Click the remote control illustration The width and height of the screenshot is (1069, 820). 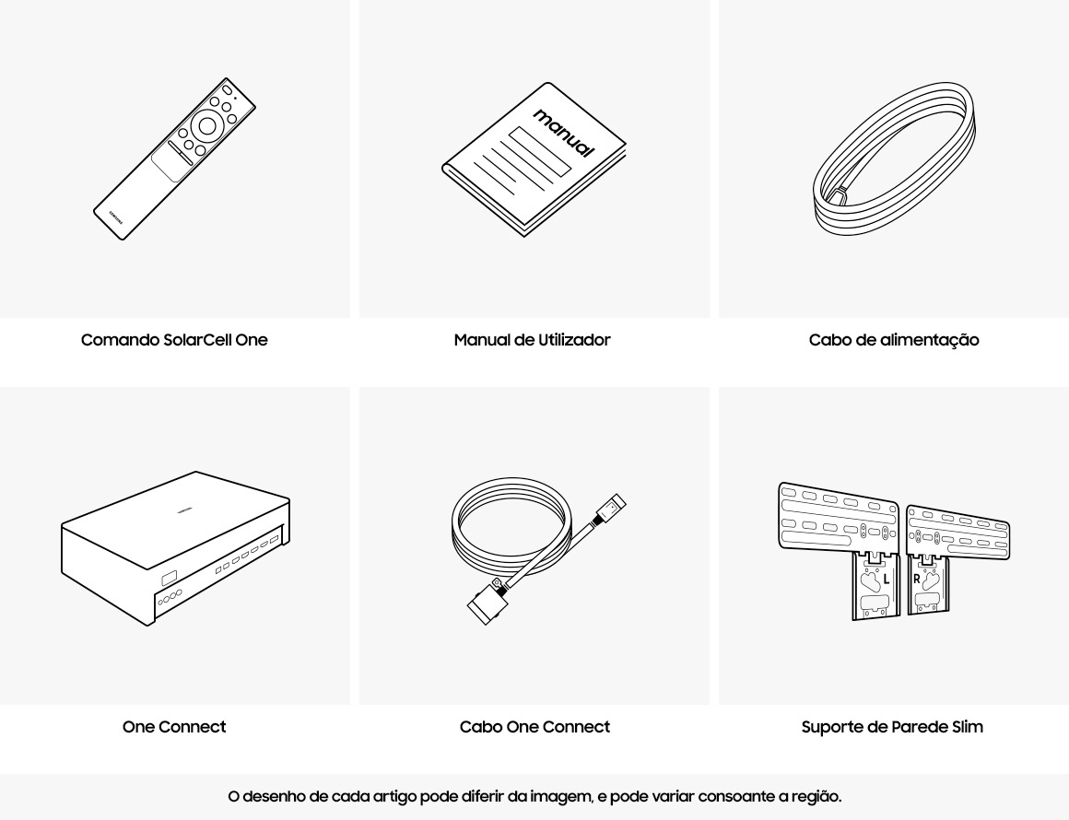(174, 158)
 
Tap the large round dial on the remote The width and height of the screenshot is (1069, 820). (207, 125)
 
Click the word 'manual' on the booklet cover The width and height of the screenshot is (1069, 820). (564, 133)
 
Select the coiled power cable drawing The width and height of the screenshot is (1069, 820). (894, 158)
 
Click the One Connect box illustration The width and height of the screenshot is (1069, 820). (175, 548)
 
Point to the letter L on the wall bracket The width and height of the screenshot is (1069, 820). (887, 580)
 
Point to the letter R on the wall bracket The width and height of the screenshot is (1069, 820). (917, 580)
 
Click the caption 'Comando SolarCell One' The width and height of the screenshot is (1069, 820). (174, 339)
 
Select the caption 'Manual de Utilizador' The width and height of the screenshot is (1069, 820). (533, 339)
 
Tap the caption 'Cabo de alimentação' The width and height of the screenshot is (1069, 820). (894, 339)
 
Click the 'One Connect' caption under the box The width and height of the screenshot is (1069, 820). (174, 727)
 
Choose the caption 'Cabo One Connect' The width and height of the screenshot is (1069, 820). (534, 727)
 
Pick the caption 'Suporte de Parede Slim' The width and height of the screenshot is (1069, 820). (892, 727)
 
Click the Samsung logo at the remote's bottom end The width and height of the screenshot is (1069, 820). (116, 217)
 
